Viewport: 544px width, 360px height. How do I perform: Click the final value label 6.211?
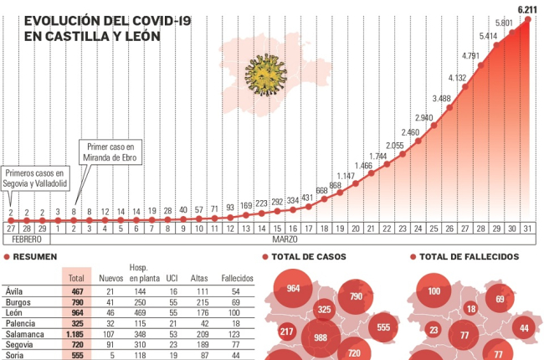pos(526,9)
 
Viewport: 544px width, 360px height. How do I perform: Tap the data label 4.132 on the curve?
pos(458,77)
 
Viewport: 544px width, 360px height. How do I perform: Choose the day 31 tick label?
pos(526,228)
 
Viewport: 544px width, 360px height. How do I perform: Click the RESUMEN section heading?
pos(36,257)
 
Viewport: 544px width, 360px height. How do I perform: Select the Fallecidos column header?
pos(237,278)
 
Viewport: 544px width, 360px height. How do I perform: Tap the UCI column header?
pos(172,278)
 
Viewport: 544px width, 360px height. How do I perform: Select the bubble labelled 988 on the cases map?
pos(319,337)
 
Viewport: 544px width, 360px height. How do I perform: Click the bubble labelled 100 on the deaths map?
pos(434,291)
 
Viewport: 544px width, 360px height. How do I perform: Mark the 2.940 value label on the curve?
pos(425,117)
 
